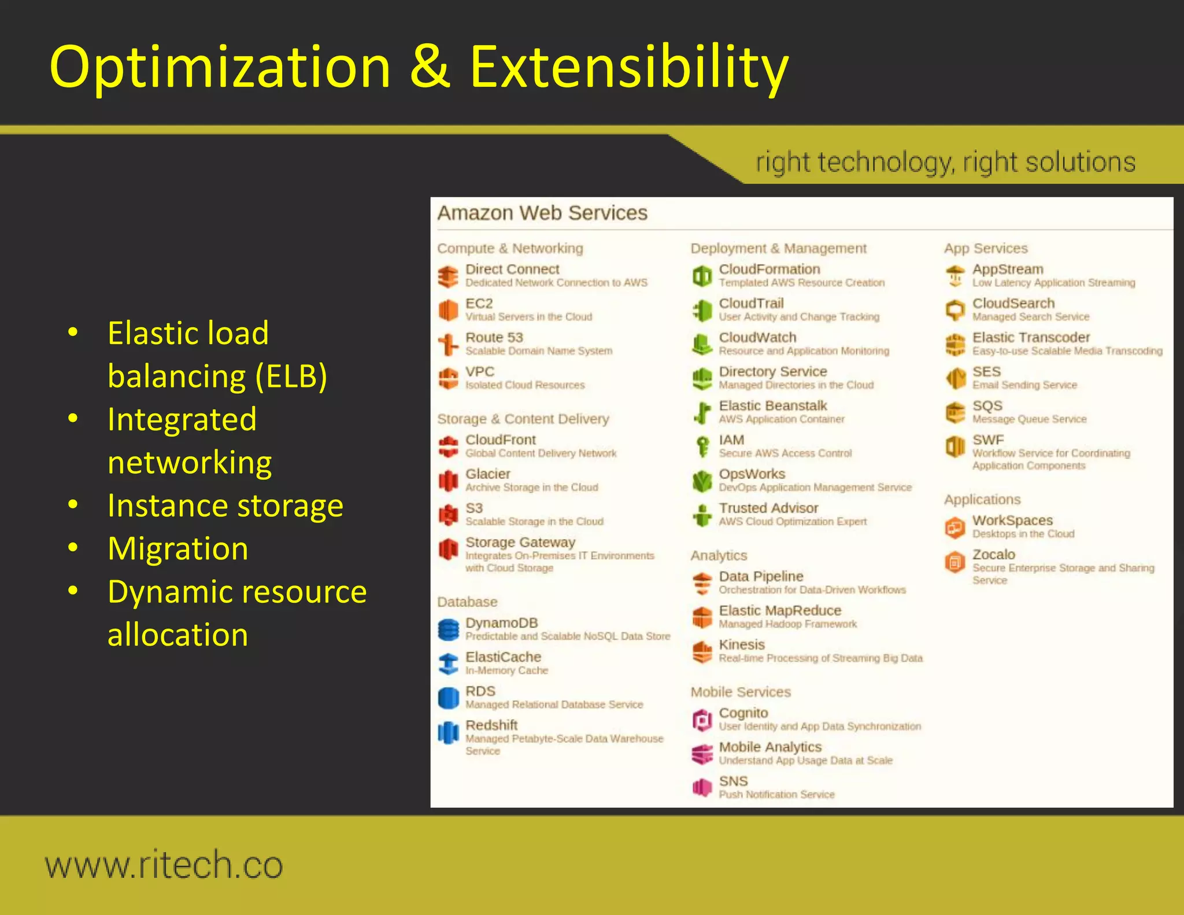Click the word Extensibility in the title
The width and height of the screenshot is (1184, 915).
click(x=628, y=67)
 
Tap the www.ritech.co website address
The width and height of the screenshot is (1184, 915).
click(x=164, y=865)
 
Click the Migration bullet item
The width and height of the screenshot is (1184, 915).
click(x=177, y=548)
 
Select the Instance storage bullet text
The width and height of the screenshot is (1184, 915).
click(x=225, y=506)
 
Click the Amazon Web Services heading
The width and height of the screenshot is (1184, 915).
click(x=542, y=213)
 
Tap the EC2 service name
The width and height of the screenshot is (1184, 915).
click(x=479, y=303)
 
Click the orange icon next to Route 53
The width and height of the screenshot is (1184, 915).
click(x=448, y=344)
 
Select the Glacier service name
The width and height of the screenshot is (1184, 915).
click(x=487, y=474)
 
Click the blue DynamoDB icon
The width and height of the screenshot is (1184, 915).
click(x=448, y=629)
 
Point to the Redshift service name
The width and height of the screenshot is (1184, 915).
click(x=491, y=725)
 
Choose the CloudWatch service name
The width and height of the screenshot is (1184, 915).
click(x=757, y=337)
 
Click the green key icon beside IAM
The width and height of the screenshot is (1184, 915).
click(x=702, y=447)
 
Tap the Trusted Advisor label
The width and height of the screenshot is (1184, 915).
click(x=768, y=508)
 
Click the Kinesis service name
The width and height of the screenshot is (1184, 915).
click(x=742, y=644)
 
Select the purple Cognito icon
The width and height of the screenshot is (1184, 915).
click(x=702, y=720)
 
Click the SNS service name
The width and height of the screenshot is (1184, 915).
click(x=733, y=781)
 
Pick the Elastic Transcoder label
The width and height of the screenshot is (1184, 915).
click(x=1031, y=337)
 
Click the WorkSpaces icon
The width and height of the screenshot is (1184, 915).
click(x=955, y=527)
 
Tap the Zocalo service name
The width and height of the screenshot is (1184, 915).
click(x=993, y=554)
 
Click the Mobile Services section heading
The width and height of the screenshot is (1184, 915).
click(x=740, y=692)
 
